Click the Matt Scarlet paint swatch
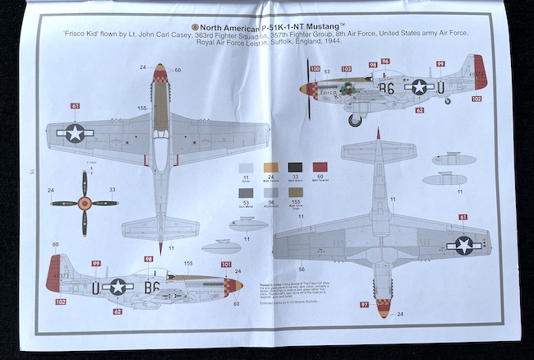point(321,168)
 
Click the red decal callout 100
point(315,69)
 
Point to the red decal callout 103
point(346,69)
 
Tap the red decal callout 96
point(385,61)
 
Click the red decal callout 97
point(364,306)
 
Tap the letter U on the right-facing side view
point(95,287)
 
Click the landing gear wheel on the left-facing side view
point(355,120)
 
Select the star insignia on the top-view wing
point(75,133)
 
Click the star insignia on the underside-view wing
point(464,245)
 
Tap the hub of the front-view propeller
point(83,203)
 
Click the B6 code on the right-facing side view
point(153,287)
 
